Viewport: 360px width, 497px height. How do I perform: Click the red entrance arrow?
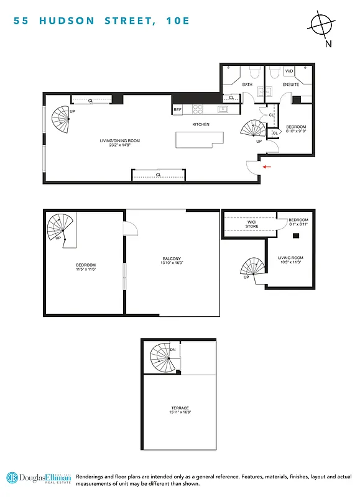pyautogui.click(x=266, y=166)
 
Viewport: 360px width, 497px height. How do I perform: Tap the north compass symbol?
pyautogui.click(x=321, y=26)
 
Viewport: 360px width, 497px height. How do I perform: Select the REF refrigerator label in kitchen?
pyautogui.click(x=178, y=110)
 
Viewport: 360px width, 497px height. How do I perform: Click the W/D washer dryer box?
pyautogui.click(x=290, y=71)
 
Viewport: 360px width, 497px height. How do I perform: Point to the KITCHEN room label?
pyautogui.click(x=201, y=124)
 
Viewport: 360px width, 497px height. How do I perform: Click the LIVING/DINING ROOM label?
pyautogui.click(x=120, y=141)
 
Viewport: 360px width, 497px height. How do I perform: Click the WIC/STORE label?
pyautogui.click(x=251, y=224)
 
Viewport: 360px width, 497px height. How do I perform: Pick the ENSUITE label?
pyautogui.click(x=290, y=84)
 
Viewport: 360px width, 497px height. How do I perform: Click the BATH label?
pyautogui.click(x=247, y=84)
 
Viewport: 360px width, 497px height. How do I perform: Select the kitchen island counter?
pyautogui.click(x=199, y=141)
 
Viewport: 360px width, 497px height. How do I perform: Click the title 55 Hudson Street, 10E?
pyautogui.click(x=99, y=21)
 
